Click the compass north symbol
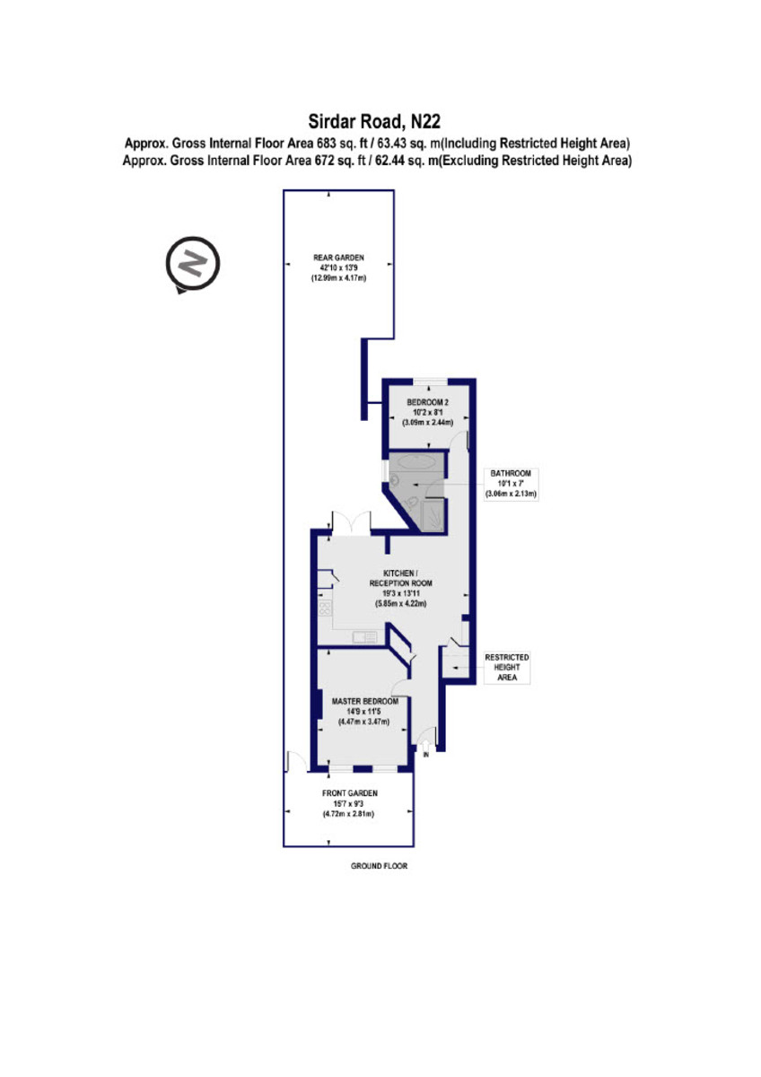(x=192, y=264)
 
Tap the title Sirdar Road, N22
(x=374, y=121)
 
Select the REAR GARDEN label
(x=338, y=258)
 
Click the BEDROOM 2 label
(x=427, y=402)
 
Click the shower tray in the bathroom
(x=432, y=515)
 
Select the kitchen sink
(x=365, y=636)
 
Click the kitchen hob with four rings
(x=325, y=609)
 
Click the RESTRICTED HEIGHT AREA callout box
(x=507, y=668)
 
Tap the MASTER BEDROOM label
(x=365, y=702)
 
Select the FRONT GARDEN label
(x=349, y=793)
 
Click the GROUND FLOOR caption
(x=379, y=866)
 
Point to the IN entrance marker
(x=426, y=756)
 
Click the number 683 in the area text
(x=325, y=144)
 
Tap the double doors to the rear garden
(x=351, y=522)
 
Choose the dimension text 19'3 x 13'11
(x=400, y=594)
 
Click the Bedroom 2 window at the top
(x=431, y=381)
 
